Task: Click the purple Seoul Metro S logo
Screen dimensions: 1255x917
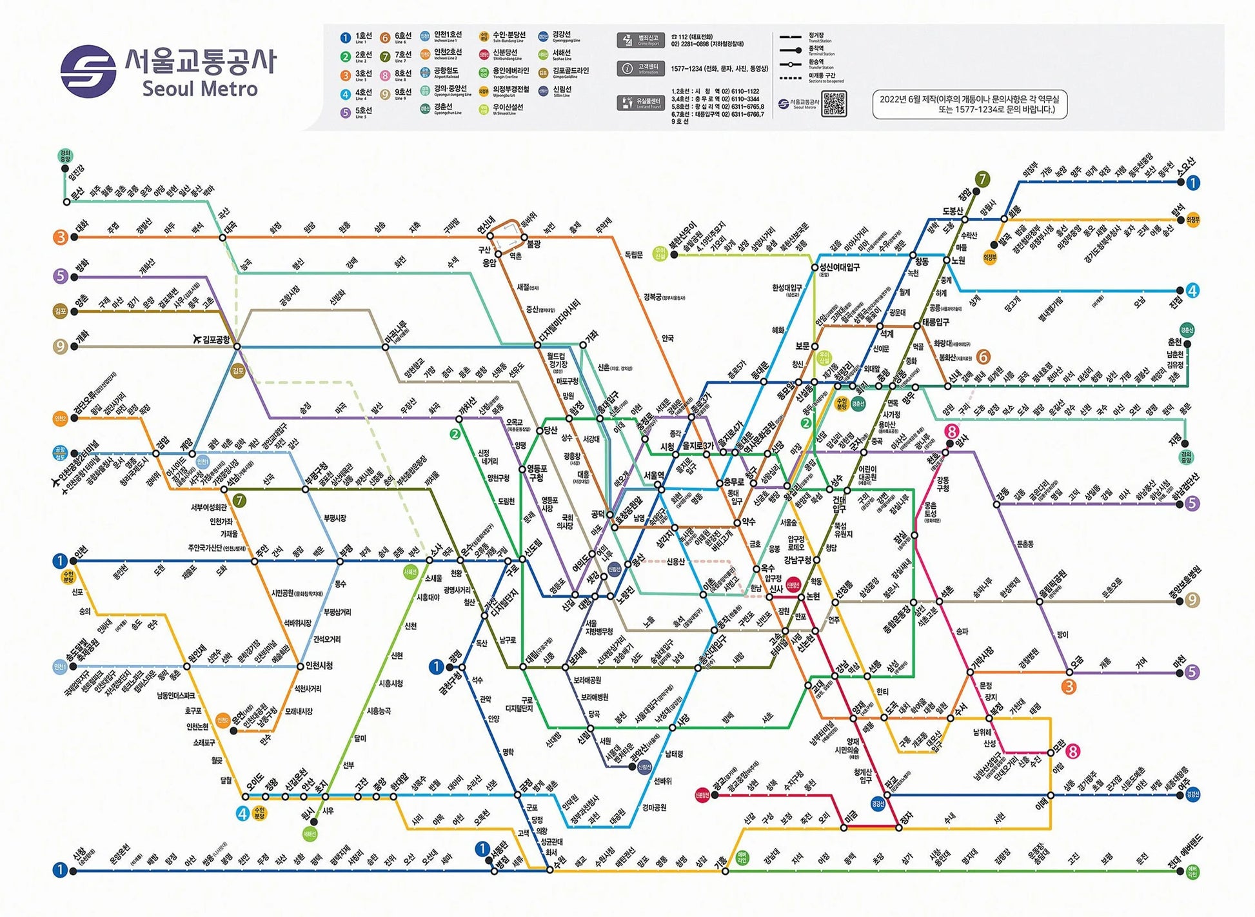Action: [x=88, y=71]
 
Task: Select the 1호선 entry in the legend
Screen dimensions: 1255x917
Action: [x=357, y=38]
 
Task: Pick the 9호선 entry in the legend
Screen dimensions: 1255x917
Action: [x=395, y=94]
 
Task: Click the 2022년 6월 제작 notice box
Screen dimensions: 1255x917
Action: [x=969, y=104]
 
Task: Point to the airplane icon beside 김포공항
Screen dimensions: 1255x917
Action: [x=197, y=339]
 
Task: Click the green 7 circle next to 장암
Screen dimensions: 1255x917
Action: [x=982, y=179]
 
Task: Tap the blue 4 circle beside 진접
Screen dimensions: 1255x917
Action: [x=1192, y=291]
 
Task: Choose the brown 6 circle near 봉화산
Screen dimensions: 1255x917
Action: [x=983, y=357]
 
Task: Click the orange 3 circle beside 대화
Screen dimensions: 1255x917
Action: [x=60, y=237]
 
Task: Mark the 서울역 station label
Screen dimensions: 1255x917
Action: [x=653, y=475]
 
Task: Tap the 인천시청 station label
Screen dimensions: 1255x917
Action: [x=319, y=665]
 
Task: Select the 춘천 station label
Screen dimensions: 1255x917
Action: [x=1174, y=342]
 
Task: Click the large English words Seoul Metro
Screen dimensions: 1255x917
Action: [x=200, y=89]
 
